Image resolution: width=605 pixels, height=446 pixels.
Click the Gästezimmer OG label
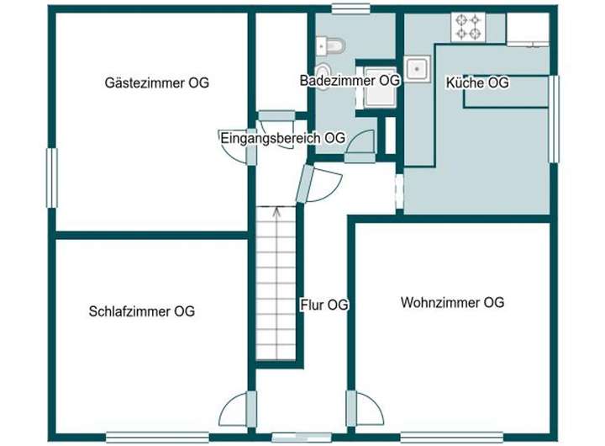point(157,83)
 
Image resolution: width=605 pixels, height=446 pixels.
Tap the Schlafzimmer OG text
point(141,311)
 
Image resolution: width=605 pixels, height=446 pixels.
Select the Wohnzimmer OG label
point(452,303)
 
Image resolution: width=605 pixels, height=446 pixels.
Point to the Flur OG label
point(324,305)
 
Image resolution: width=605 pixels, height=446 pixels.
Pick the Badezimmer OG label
point(350,81)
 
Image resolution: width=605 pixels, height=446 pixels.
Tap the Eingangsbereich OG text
point(282,138)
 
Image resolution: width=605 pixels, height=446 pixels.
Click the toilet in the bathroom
point(331,45)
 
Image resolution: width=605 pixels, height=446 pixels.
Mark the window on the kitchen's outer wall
point(554,118)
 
